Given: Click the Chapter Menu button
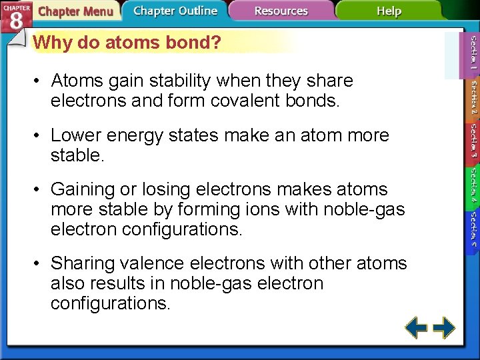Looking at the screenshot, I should (75, 11).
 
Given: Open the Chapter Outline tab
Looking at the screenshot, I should (175, 11).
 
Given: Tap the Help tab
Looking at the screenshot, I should (388, 11).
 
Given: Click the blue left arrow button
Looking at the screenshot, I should (416, 327).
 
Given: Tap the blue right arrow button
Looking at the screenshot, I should (444, 327).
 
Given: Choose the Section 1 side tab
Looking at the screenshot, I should (472, 54).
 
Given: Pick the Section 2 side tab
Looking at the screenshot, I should (472, 99).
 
